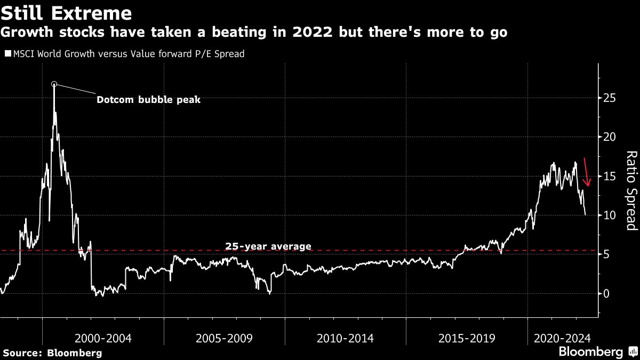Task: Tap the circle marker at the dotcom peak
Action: coord(54,84)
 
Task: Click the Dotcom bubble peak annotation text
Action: coord(148,99)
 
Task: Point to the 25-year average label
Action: coord(268,246)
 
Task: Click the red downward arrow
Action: coord(587,172)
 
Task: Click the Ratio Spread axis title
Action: coord(631,190)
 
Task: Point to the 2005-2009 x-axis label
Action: coord(224,338)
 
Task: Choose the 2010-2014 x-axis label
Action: coord(345,338)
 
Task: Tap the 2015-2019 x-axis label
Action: coord(467,338)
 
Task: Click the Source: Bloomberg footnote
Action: coord(52,353)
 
